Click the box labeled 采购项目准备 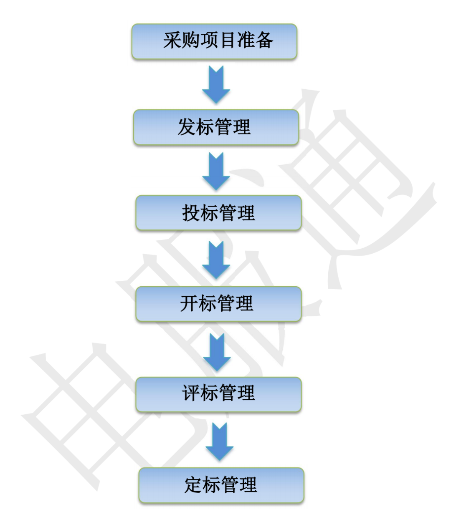point(214,41)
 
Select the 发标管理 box point(216,127)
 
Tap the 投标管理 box point(218,213)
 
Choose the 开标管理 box point(218,303)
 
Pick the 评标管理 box point(218,394)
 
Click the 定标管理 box point(221,485)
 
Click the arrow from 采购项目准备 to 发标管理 point(216,85)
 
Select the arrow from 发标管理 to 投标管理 point(216,171)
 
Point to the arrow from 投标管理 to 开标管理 point(216,260)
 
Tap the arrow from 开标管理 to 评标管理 point(217,352)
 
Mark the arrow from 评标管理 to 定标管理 point(219,441)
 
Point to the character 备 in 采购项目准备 point(265,41)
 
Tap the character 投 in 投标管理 point(190,213)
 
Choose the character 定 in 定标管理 point(193,485)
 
